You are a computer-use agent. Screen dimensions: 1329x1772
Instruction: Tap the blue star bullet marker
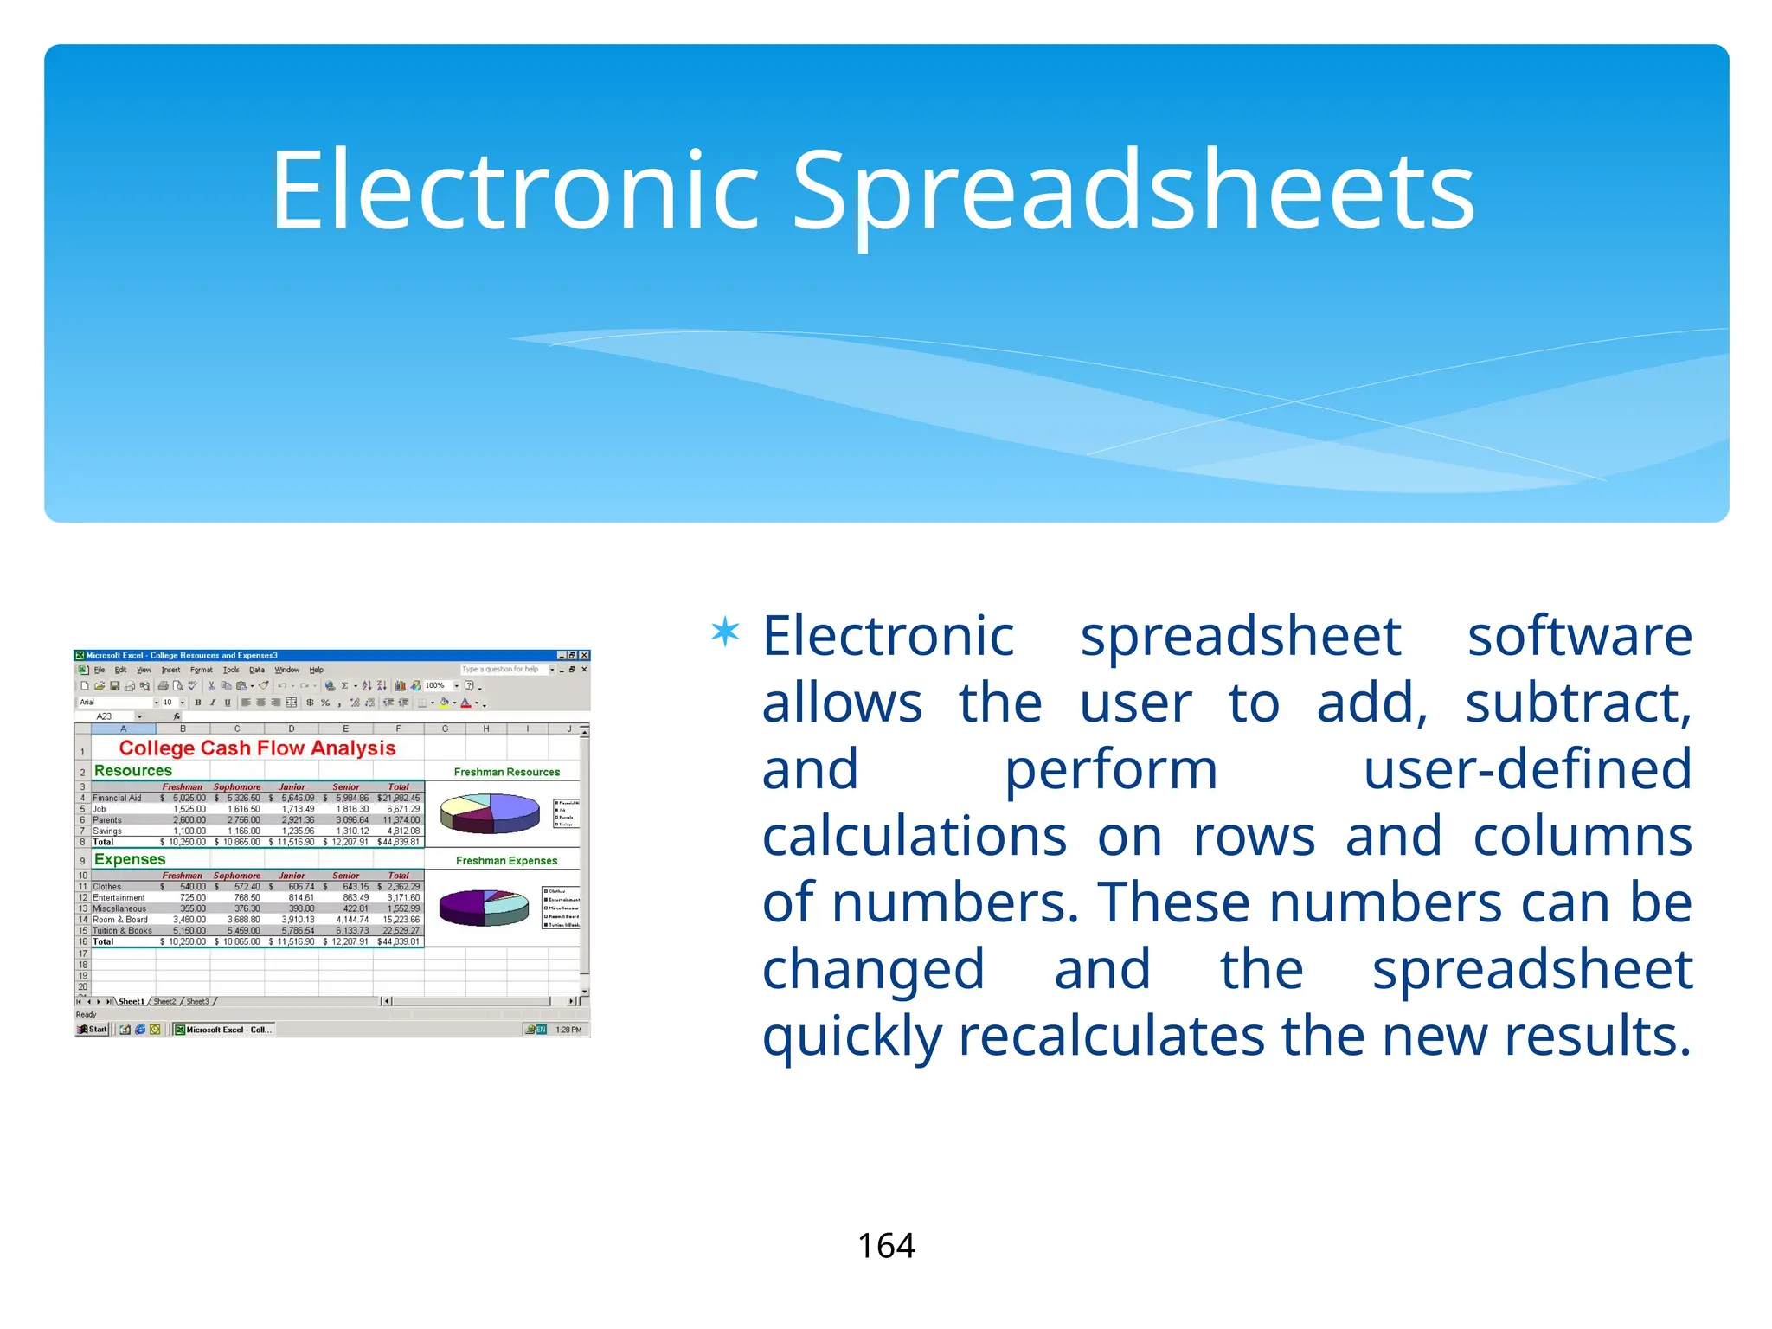(x=725, y=632)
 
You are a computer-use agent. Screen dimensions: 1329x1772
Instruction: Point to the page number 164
(x=886, y=1246)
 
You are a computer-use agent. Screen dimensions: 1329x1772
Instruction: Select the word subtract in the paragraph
(x=1577, y=703)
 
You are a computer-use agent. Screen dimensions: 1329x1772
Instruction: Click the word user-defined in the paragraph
(x=1527, y=769)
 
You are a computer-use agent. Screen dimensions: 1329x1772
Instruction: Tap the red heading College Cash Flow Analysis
(x=257, y=748)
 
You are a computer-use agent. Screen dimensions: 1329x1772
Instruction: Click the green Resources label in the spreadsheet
(x=133, y=770)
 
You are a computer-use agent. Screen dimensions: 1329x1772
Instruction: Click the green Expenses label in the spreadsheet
(x=130, y=859)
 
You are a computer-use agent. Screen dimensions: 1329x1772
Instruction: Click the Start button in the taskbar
(x=93, y=1030)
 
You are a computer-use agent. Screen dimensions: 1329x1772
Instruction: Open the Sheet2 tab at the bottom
(x=164, y=1001)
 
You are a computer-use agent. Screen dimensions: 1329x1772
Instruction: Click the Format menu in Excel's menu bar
(x=201, y=670)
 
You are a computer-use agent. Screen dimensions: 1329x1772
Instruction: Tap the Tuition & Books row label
(x=122, y=931)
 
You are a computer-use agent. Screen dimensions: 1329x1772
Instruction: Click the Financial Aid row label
(x=117, y=798)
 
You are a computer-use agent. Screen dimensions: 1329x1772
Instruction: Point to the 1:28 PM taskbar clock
(x=568, y=1030)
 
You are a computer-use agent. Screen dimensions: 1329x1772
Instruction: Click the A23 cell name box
(x=105, y=716)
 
